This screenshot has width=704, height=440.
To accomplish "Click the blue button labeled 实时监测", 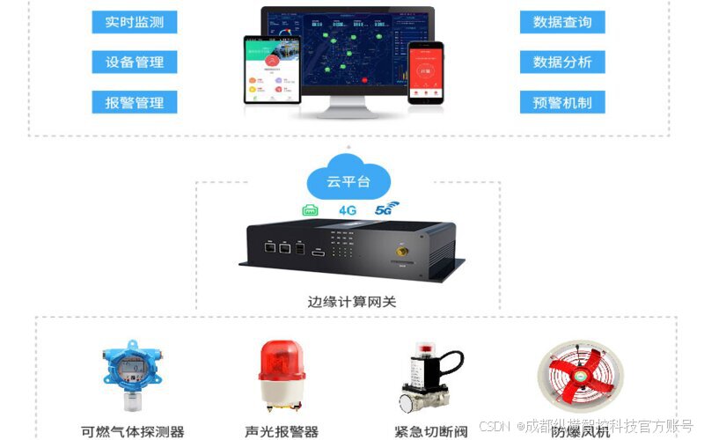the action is [134, 22].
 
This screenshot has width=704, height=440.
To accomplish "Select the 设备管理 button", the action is [134, 62].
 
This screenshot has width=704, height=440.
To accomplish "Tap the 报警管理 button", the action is [134, 102].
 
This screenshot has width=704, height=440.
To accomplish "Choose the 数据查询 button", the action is [561, 22].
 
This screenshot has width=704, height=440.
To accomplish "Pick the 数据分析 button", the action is [561, 62].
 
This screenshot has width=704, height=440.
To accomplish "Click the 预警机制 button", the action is [561, 102].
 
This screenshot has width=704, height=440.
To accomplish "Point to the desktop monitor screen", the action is [347, 48].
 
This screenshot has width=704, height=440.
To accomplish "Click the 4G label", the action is [348, 210].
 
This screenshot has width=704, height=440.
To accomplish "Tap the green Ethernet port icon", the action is [311, 210].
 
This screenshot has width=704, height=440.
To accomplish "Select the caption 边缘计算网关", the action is [352, 301].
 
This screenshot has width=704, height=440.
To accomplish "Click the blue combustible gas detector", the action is [132, 374].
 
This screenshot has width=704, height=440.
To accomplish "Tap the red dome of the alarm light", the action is [282, 362].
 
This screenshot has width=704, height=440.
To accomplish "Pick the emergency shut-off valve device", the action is [430, 378].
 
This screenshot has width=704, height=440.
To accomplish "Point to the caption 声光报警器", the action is [282, 431].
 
